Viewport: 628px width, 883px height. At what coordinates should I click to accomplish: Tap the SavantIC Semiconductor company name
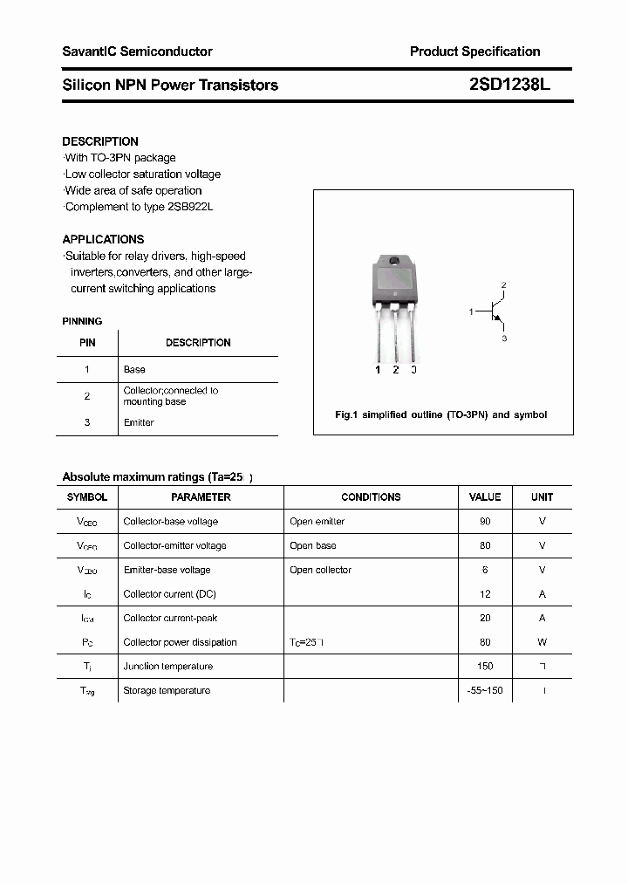tap(137, 51)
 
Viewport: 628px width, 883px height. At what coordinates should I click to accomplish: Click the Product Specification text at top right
tap(474, 51)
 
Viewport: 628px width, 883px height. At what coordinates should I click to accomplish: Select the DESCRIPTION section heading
tap(100, 141)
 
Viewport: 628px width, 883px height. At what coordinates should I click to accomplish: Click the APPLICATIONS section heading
tap(103, 239)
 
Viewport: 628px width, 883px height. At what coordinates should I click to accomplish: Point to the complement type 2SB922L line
tap(139, 207)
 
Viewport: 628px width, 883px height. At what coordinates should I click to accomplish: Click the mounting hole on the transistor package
tap(394, 262)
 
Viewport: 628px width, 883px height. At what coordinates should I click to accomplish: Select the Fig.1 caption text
tap(441, 414)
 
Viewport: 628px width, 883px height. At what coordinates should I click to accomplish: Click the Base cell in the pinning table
tap(134, 369)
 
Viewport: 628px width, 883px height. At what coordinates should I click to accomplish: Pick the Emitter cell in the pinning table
tap(139, 422)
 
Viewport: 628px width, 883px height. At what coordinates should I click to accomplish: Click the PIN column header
tap(87, 343)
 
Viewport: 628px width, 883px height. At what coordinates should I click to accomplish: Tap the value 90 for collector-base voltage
tap(485, 521)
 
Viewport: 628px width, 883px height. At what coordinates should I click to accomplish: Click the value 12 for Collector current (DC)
tap(485, 593)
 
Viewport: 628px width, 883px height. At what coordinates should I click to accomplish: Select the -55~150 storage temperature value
tap(485, 690)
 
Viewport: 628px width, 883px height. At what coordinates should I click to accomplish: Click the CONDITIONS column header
tap(371, 496)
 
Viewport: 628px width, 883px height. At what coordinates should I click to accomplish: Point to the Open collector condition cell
tap(320, 570)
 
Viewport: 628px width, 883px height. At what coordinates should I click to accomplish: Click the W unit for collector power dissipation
tap(542, 642)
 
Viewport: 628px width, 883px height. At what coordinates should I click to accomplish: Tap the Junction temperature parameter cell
tap(167, 666)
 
